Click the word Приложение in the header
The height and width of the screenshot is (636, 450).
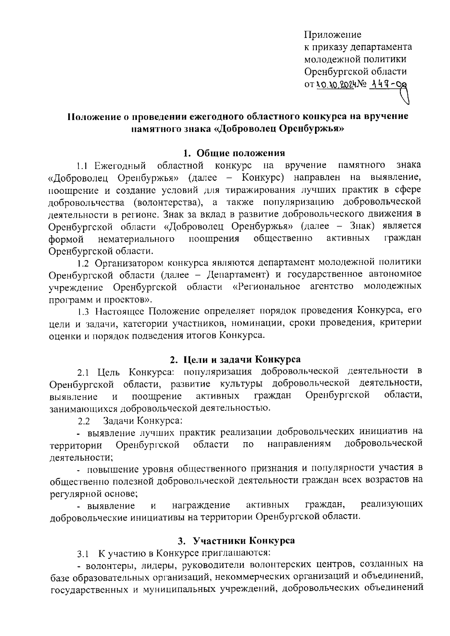(333, 35)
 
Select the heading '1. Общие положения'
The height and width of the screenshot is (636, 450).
(234, 153)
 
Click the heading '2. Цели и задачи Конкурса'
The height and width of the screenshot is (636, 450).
(235, 359)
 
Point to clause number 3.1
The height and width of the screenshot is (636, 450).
(82, 554)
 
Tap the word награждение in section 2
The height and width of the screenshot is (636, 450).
(201, 506)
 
